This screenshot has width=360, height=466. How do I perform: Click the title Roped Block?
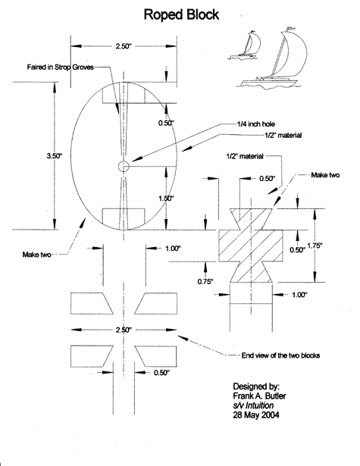tap(181, 14)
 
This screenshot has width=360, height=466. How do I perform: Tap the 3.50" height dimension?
tap(55, 156)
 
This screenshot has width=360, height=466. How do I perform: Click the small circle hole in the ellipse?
tap(124, 167)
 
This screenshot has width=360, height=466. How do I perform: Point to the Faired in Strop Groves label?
tap(61, 67)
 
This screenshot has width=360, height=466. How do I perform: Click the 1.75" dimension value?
tap(315, 246)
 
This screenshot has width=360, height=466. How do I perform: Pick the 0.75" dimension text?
tap(205, 281)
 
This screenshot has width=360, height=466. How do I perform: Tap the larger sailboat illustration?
tap(272, 58)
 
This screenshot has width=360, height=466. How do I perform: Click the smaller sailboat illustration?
tap(244, 45)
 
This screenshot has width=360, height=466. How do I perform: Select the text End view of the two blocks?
tap(280, 355)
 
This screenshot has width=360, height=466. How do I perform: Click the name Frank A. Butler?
tap(259, 396)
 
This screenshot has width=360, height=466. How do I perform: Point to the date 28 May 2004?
tap(256, 415)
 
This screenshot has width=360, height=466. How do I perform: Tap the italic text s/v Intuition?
tap(253, 405)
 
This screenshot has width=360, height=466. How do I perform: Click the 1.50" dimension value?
tap(166, 199)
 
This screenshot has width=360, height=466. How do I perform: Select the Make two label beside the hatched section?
tap(325, 175)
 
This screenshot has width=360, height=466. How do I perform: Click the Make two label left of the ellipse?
tap(36, 255)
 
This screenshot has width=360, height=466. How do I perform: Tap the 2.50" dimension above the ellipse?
tap(124, 46)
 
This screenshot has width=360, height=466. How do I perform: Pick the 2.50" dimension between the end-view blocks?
tap(124, 330)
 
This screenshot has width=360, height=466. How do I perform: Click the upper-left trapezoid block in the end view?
tap(91, 303)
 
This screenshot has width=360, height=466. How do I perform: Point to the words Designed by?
tap(256, 386)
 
